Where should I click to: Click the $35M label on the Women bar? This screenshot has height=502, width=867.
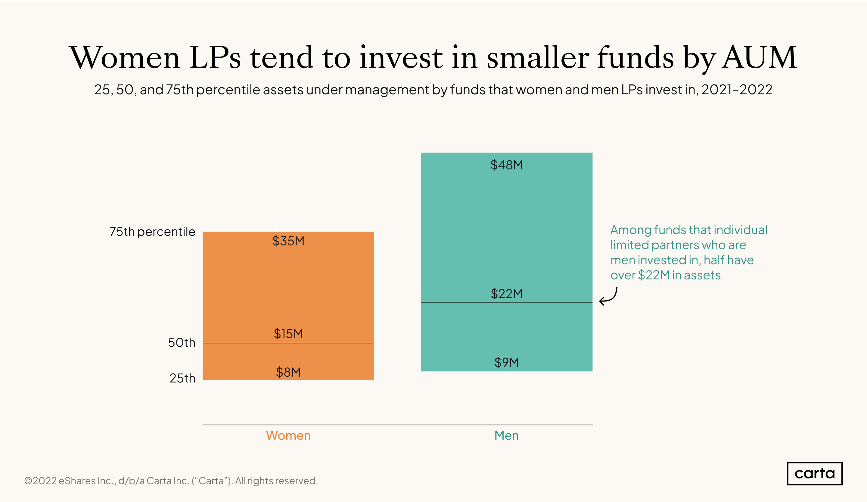[288, 241]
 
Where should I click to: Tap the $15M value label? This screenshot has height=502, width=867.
[288, 333]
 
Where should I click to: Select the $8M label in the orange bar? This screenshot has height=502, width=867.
[288, 372]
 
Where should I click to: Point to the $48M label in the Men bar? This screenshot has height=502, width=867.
[506, 165]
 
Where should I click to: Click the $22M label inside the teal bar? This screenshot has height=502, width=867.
[506, 294]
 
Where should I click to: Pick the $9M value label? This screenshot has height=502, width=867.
[506, 362]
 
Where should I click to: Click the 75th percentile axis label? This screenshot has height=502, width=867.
[152, 232]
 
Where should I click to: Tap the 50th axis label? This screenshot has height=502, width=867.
[181, 343]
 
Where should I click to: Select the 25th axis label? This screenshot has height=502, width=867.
[182, 378]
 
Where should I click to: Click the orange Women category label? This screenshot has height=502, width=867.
[288, 435]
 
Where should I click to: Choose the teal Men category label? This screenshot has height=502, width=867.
[506, 435]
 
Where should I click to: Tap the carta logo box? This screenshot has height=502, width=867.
[814, 473]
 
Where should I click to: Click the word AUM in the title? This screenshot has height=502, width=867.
[759, 57]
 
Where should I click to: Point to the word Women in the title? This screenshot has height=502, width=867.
[125, 57]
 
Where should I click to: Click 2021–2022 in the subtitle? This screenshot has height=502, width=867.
[737, 90]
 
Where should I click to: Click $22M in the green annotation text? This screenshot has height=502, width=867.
[654, 275]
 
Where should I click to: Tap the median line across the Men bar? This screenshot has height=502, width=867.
[465, 302]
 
